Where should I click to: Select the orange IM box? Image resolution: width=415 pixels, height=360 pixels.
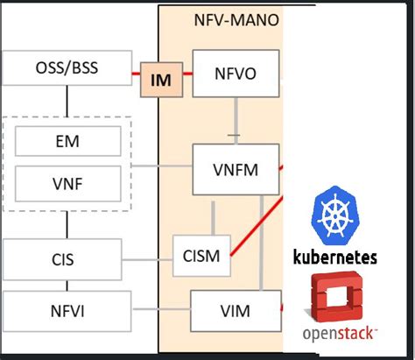click(x=162, y=81)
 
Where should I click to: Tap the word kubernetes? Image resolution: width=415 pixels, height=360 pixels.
click(x=336, y=257)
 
